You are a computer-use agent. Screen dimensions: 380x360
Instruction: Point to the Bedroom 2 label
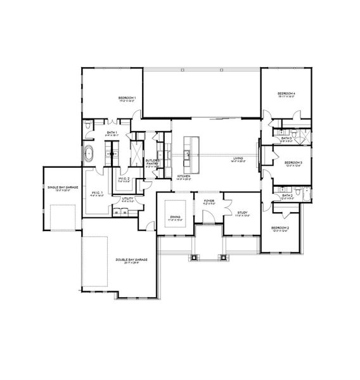(x=280, y=227)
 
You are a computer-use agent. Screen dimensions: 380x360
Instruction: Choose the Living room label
(x=239, y=158)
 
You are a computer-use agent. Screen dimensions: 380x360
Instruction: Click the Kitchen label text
(x=184, y=175)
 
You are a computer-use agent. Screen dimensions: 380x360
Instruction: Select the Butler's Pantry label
(x=153, y=162)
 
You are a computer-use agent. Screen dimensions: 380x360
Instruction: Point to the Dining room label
(x=175, y=217)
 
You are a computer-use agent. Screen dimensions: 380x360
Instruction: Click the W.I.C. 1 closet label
(x=97, y=193)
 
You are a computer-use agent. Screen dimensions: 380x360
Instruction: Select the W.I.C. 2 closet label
(x=124, y=179)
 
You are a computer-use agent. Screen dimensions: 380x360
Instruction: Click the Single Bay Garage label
(x=61, y=187)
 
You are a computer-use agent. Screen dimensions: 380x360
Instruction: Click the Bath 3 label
(x=286, y=137)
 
